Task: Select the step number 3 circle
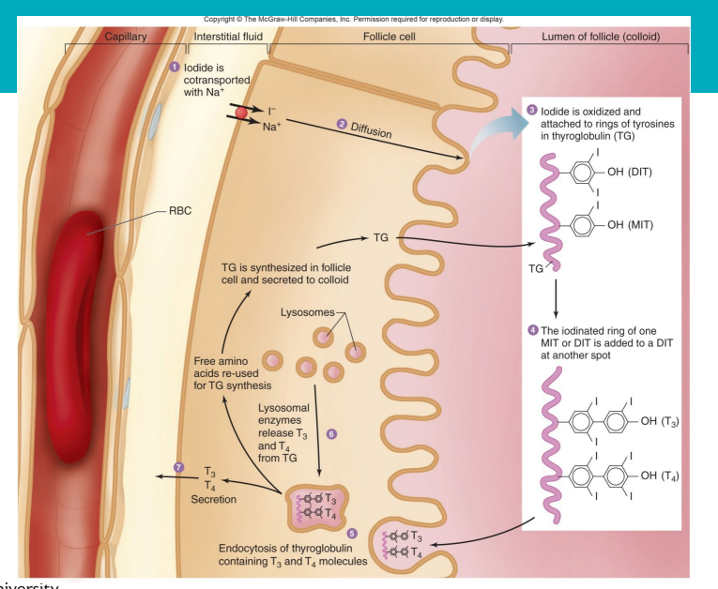point(532,111)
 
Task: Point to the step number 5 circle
point(351,532)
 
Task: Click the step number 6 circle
point(329,435)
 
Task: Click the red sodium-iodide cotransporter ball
point(241,114)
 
